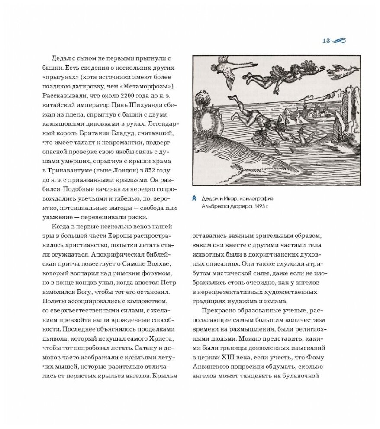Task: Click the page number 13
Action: [326, 41]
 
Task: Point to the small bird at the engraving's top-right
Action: [341, 69]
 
